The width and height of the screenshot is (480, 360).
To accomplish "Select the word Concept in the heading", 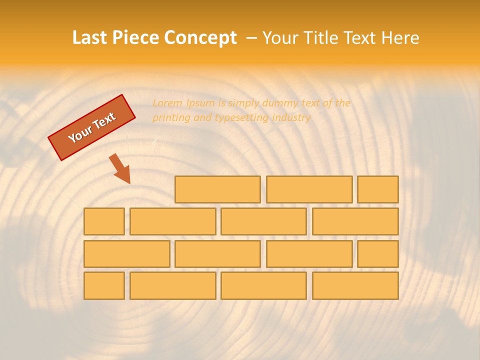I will (200, 38).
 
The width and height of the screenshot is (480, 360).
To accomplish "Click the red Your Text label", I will (92, 127).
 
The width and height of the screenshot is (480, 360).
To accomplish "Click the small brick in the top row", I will (377, 189).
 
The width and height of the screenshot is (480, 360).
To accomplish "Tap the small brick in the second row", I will (104, 221).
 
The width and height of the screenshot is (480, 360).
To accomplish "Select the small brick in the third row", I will (377, 254).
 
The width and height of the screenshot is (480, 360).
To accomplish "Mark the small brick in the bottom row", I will (104, 286).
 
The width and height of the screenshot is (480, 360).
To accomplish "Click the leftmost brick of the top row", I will (217, 189).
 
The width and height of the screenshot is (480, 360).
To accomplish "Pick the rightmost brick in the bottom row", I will (355, 286).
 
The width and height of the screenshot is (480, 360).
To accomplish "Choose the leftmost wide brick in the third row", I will (126, 254).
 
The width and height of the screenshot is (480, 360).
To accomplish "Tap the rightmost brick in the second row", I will (355, 221).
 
